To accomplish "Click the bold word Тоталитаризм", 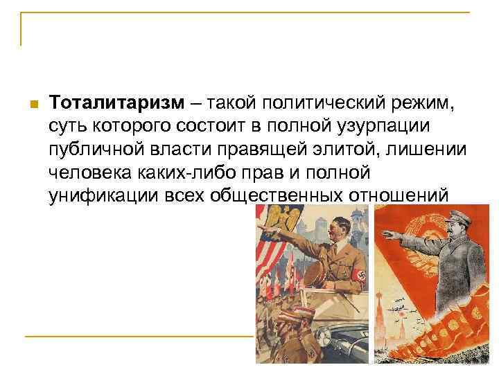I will pos(117,104).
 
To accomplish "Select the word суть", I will pos(67,127).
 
